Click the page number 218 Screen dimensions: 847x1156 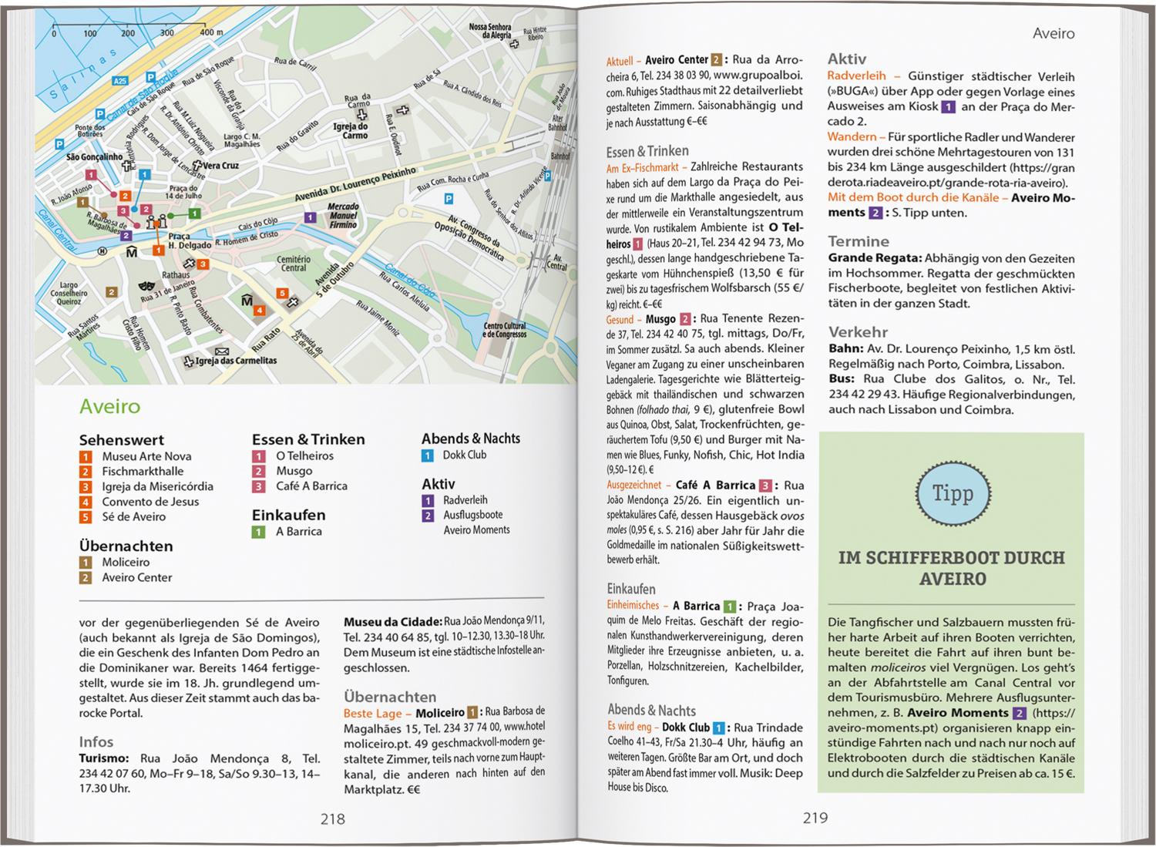(x=332, y=819)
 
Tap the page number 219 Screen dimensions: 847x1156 (x=815, y=818)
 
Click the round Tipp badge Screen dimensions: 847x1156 (x=952, y=493)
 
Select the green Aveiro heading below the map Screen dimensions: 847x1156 (x=109, y=407)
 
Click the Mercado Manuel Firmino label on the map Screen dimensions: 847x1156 (x=343, y=216)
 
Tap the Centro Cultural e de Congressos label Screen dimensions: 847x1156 (x=505, y=330)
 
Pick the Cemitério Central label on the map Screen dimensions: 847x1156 (x=294, y=264)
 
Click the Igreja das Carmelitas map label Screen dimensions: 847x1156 (x=236, y=361)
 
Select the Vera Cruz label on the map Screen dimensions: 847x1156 (x=220, y=166)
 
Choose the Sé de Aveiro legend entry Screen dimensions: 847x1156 (x=133, y=516)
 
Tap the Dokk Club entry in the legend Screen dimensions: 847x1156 (x=464, y=455)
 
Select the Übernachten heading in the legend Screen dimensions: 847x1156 (x=126, y=546)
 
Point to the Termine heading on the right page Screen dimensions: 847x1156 (x=858, y=241)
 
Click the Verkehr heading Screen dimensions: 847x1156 (x=858, y=332)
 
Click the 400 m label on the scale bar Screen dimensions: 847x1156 (x=210, y=33)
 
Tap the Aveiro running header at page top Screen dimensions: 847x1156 (x=1053, y=34)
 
